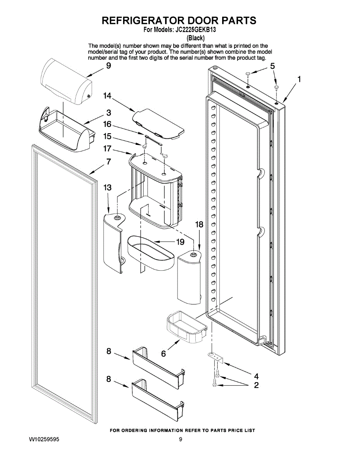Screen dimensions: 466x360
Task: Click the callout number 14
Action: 107,96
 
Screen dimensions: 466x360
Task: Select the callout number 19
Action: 180,242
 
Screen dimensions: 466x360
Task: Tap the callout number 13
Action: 107,188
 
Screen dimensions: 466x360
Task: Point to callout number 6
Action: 163,354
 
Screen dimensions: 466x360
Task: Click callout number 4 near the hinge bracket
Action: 256,376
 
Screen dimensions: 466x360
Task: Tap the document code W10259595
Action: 44,440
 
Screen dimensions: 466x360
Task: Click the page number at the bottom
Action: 181,440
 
